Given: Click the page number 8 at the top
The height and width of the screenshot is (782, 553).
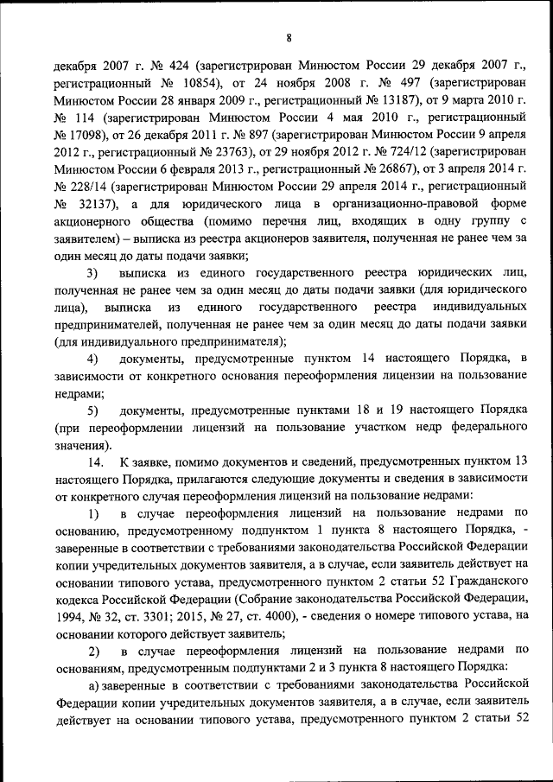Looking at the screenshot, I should click(x=289, y=37).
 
